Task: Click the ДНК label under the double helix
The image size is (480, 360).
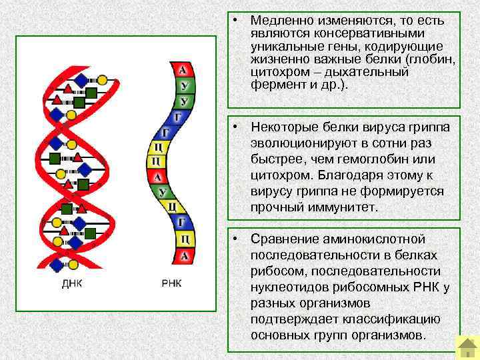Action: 72,283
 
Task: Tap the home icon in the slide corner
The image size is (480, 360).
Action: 466,346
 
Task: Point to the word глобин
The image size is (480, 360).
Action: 433,60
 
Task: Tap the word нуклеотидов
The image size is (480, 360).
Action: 291,287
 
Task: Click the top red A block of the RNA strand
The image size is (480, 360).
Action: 183,70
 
